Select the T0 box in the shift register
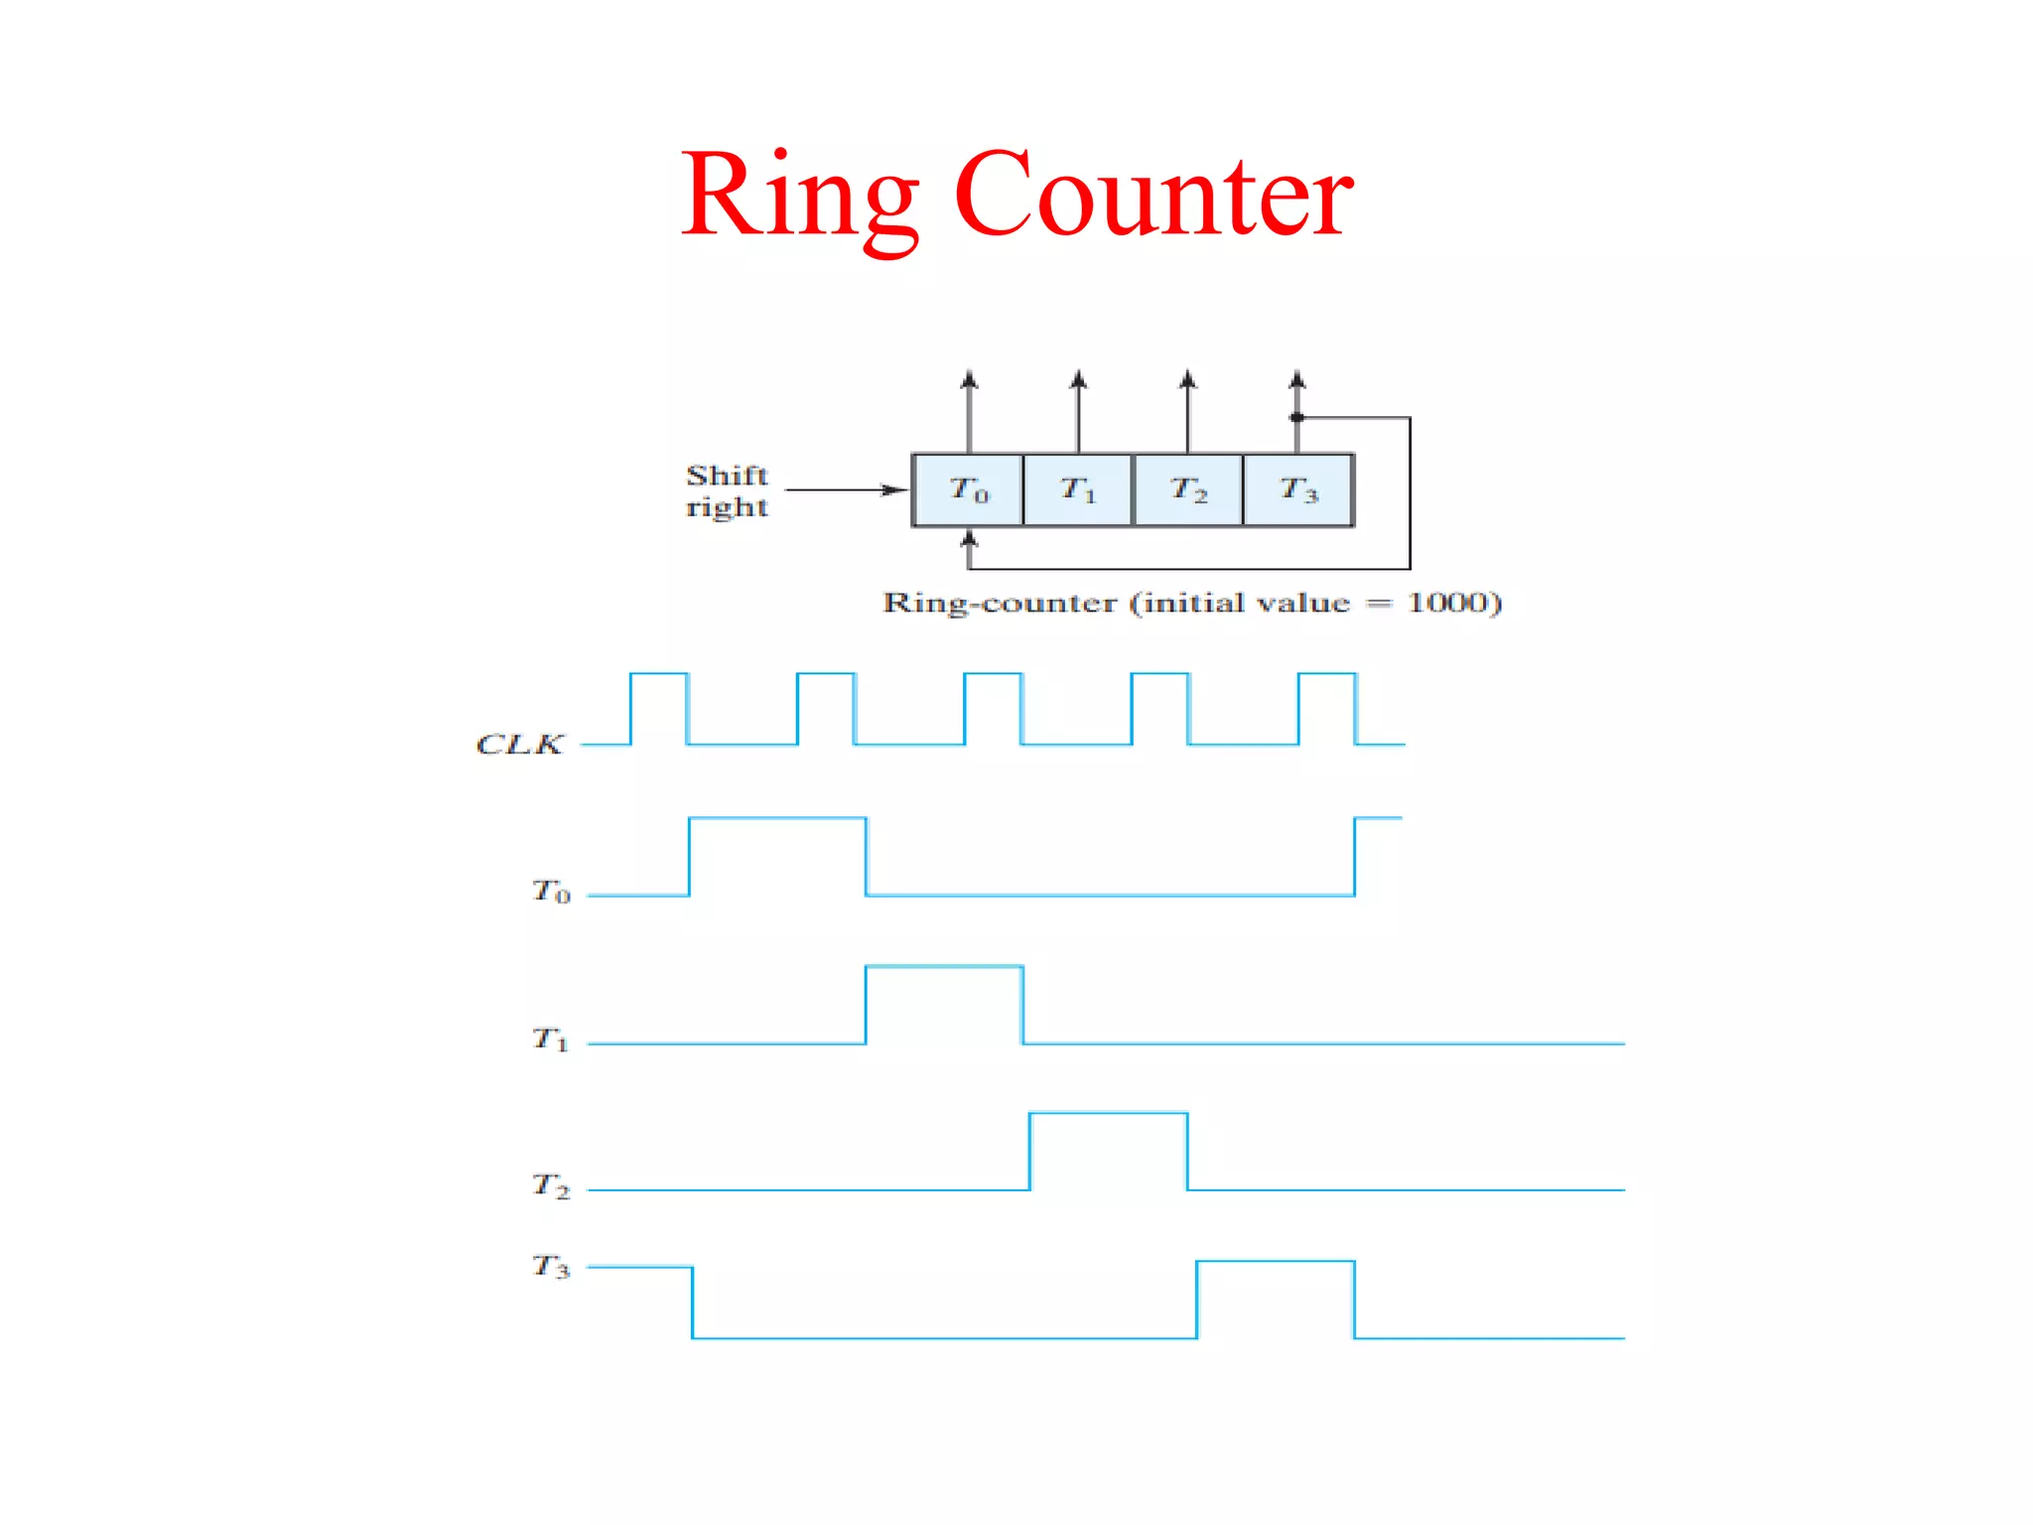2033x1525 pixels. (968, 489)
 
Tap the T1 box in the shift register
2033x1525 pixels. (1078, 489)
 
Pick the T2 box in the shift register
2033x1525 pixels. (1188, 489)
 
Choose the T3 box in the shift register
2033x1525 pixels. (1298, 489)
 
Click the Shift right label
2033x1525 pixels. (727, 490)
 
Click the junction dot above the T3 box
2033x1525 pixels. (1296, 418)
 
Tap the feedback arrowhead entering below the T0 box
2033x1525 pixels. (969, 538)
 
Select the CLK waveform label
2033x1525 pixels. (519, 744)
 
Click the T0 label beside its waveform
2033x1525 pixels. (551, 891)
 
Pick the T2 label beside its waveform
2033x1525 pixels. (551, 1185)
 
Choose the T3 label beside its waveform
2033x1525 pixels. (551, 1266)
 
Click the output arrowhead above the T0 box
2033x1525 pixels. (969, 379)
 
